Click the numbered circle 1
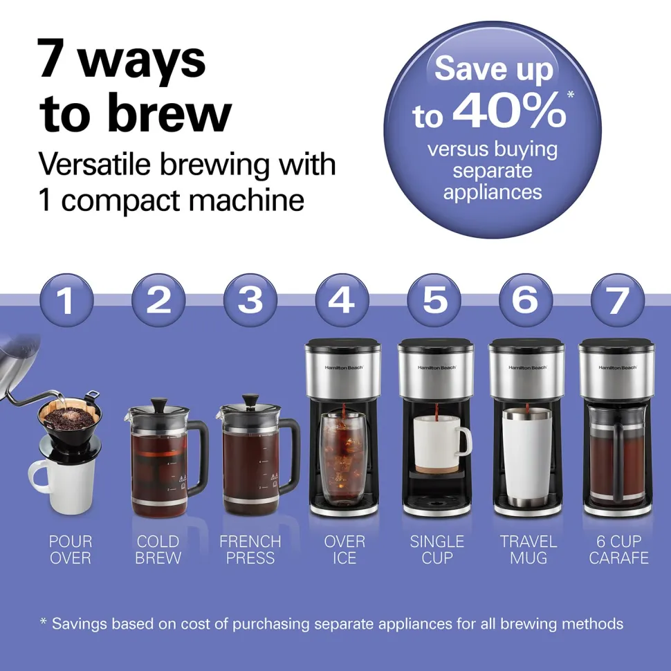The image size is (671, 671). pyautogui.click(x=66, y=300)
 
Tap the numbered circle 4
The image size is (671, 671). pyautogui.click(x=342, y=300)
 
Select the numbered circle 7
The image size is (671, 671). pyautogui.click(x=618, y=300)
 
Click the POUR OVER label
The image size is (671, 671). pyautogui.click(x=71, y=550)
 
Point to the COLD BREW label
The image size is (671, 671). pyautogui.click(x=158, y=550)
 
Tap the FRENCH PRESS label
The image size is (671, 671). pyautogui.click(x=250, y=550)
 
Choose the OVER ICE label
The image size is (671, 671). pyautogui.click(x=344, y=550)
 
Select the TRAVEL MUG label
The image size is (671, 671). pyautogui.click(x=528, y=550)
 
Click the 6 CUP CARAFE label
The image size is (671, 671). pyautogui.click(x=619, y=550)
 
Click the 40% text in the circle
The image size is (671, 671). pyautogui.click(x=509, y=111)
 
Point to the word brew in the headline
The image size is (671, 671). pyautogui.click(x=169, y=113)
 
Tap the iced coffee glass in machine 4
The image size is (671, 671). pyautogui.click(x=342, y=458)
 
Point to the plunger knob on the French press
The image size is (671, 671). pyautogui.click(x=250, y=399)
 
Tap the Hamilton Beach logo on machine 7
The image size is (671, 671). pyautogui.click(x=618, y=367)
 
